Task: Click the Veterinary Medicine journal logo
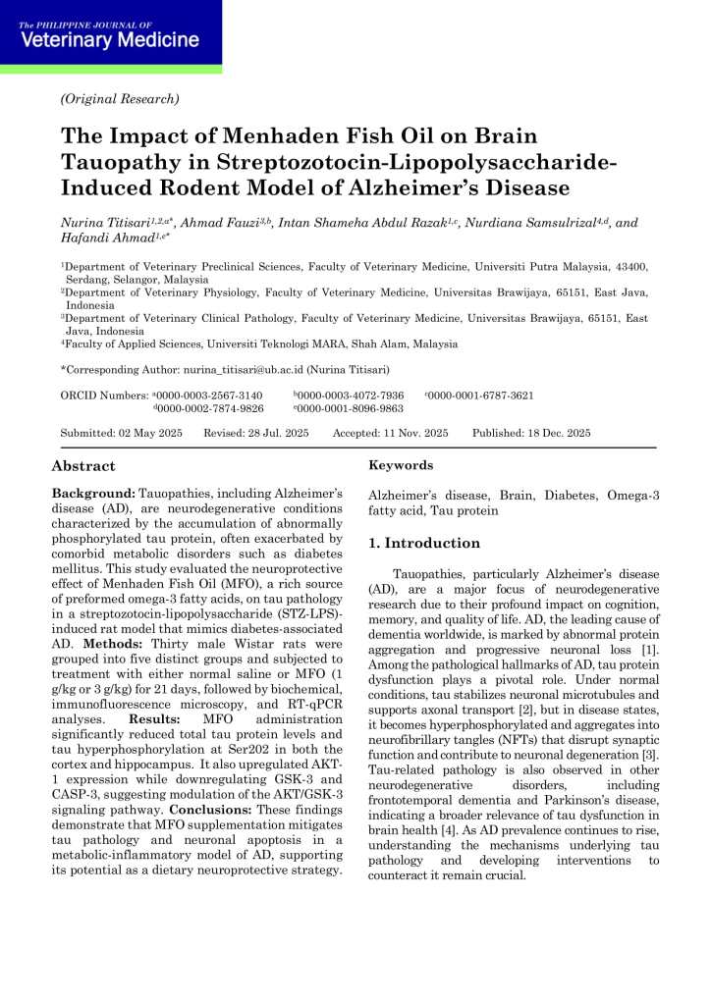(109, 36)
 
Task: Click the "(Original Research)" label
(120, 98)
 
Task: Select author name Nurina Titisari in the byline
(107, 223)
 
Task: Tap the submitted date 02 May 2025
(152, 433)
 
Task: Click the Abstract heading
(83, 466)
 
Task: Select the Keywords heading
(401, 466)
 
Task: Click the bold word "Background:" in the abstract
(93, 492)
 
